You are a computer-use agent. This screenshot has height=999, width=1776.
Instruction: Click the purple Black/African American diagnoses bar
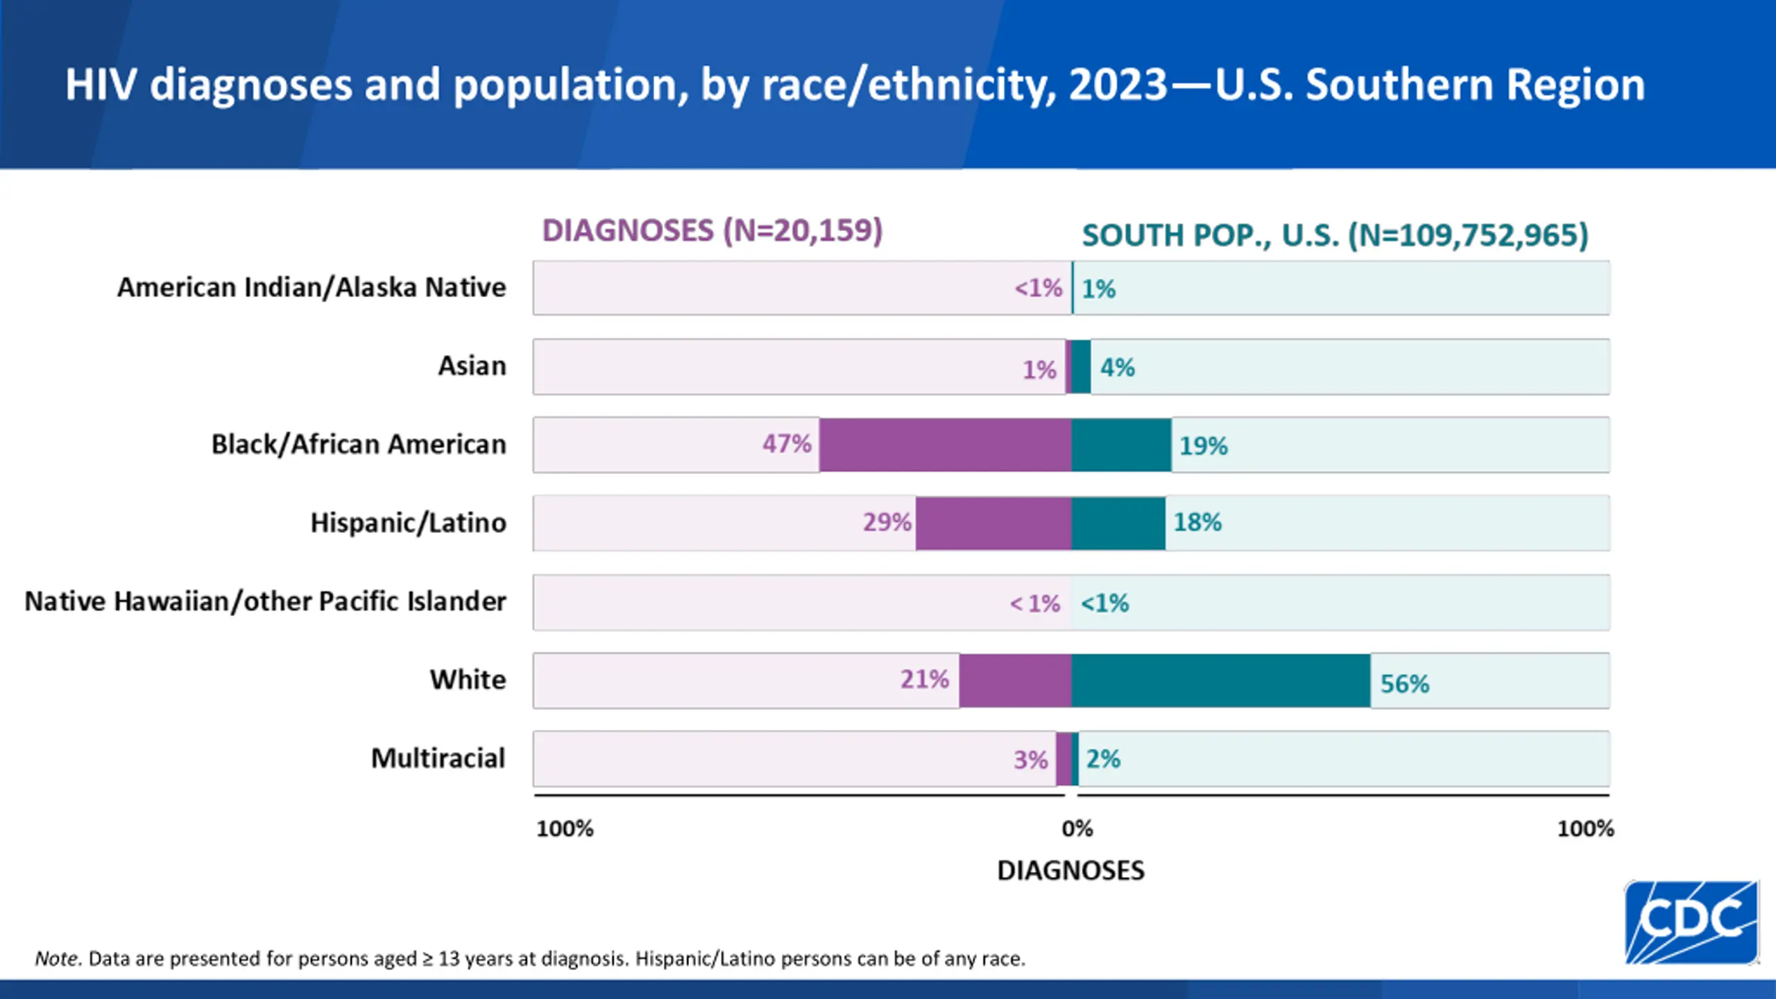coord(945,445)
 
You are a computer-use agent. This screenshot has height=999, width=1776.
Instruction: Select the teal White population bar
coord(1221,681)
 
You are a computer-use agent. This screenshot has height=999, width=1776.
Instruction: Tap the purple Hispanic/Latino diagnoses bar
coord(993,523)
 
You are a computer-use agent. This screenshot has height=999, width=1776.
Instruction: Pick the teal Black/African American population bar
coord(1121,445)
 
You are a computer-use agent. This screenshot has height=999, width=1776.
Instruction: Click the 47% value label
coord(787,443)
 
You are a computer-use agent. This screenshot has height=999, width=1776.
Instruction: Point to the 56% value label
coord(1405,684)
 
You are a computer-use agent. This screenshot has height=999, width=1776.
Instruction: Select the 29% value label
coord(887,522)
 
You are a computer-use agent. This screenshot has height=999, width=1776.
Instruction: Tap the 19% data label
coord(1204,446)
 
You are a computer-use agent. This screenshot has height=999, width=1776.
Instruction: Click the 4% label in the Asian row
coord(1118,368)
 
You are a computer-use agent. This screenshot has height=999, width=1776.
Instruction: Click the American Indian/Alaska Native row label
coord(311,287)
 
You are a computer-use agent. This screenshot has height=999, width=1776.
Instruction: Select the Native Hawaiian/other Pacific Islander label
coord(265,601)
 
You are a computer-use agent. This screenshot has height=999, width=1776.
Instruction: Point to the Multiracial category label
coord(438,758)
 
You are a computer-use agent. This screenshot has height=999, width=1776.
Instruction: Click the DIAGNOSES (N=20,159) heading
coord(712,231)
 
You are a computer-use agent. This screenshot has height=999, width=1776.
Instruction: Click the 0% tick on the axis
coord(1077,828)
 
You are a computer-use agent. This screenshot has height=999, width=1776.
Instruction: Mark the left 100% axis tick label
coord(565,828)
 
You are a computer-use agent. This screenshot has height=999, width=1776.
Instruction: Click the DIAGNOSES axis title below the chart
coord(1070,871)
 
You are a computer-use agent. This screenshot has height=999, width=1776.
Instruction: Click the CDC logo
coord(1691,921)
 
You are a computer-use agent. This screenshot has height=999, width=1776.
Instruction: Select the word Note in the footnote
coord(58,959)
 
